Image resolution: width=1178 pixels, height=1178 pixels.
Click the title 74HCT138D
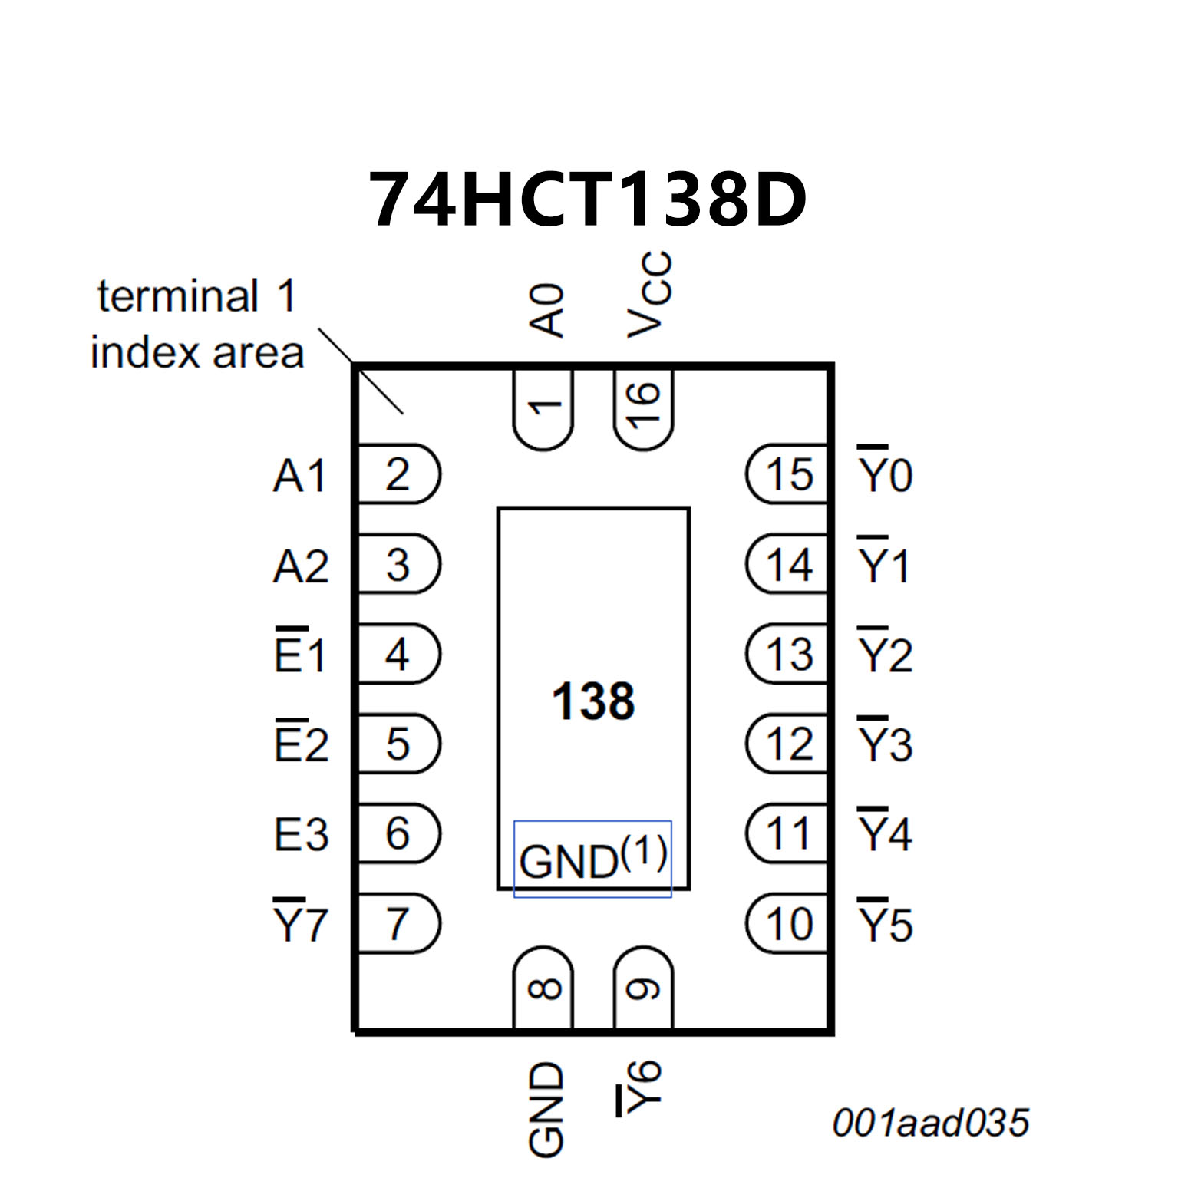click(x=588, y=200)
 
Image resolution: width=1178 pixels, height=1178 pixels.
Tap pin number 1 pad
click(x=543, y=408)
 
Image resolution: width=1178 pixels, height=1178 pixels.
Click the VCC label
click(x=649, y=295)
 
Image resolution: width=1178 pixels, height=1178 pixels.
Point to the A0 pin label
click(x=548, y=310)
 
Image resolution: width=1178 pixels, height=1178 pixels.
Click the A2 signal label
click(x=301, y=566)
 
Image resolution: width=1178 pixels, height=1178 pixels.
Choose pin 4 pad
click(x=398, y=655)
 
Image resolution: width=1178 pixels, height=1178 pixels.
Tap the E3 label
click(x=301, y=834)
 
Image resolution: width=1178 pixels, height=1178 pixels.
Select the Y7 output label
click(x=301, y=922)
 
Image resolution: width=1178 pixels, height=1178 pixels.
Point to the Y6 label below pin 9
click(x=640, y=1088)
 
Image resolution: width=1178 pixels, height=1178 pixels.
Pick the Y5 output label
click(x=885, y=922)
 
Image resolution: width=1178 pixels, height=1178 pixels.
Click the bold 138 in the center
click(x=593, y=701)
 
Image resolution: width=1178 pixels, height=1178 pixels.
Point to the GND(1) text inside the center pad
click(x=592, y=859)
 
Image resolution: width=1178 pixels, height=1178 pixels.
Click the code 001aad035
click(x=930, y=1123)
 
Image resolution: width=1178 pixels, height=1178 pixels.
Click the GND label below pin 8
click(x=546, y=1108)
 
